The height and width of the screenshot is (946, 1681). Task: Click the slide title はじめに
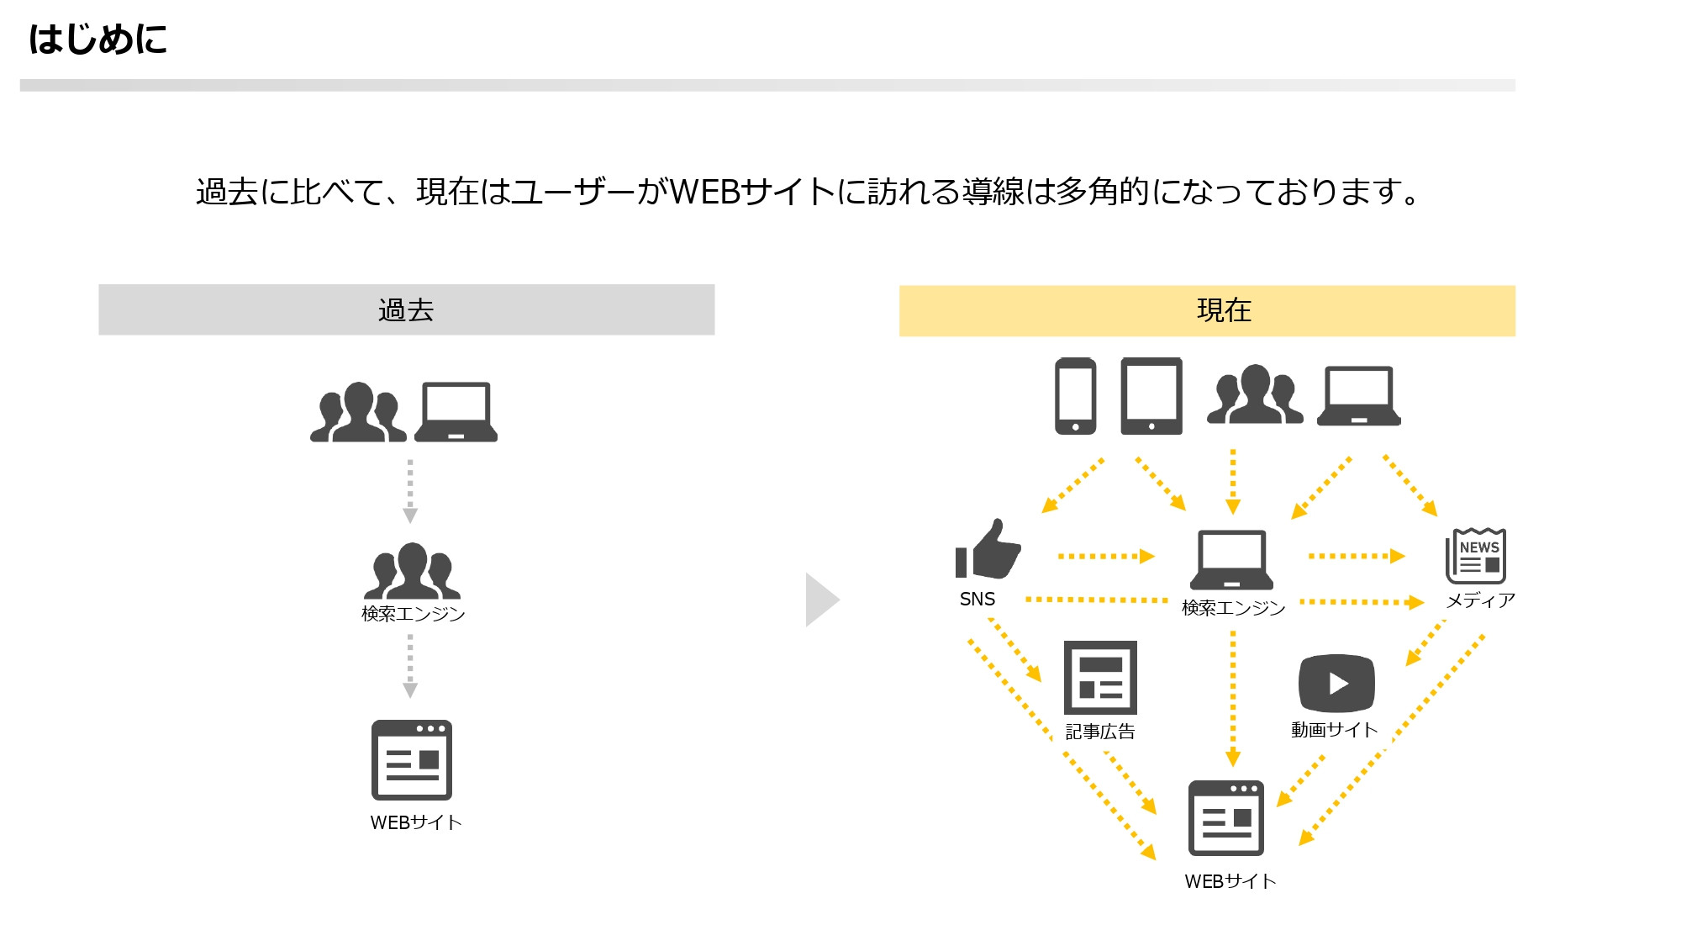click(x=97, y=39)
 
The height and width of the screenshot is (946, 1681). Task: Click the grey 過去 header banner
click(x=406, y=309)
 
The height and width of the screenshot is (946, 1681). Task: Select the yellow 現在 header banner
click(x=1207, y=310)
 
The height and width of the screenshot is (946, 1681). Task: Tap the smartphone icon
click(x=1075, y=396)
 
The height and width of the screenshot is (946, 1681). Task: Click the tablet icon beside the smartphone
click(x=1151, y=396)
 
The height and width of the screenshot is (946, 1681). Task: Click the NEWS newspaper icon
click(x=1475, y=556)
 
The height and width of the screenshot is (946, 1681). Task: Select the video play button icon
click(x=1336, y=683)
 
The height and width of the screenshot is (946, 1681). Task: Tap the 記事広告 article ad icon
click(x=1100, y=677)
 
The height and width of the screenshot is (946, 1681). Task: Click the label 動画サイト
click(x=1334, y=730)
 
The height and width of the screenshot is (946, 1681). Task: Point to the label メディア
click(x=1480, y=600)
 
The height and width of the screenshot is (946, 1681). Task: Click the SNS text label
click(x=977, y=600)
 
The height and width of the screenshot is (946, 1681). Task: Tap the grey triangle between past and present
click(x=820, y=600)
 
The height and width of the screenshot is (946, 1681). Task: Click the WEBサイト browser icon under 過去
click(x=412, y=760)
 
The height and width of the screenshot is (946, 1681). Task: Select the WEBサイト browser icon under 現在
click(x=1226, y=818)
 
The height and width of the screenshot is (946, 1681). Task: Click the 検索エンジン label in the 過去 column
click(x=413, y=614)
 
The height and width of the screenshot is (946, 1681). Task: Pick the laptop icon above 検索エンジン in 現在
click(x=1231, y=559)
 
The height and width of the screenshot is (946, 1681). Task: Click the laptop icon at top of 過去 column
click(x=456, y=412)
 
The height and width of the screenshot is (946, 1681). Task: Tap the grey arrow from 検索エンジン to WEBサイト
click(x=410, y=666)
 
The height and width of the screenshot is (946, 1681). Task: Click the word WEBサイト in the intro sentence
click(x=752, y=192)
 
